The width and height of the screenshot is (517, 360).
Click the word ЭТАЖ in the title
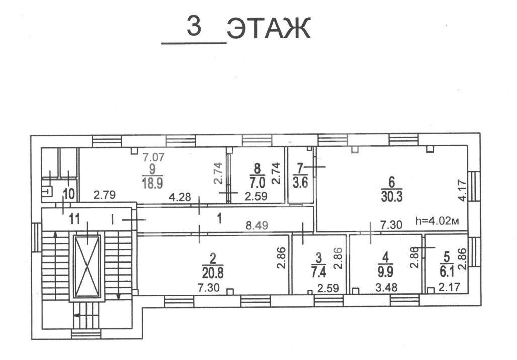[x=269, y=29]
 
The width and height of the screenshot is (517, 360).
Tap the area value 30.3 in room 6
[x=392, y=195]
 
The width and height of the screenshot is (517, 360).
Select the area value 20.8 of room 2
[x=213, y=272]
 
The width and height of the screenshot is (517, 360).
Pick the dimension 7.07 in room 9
[x=155, y=157]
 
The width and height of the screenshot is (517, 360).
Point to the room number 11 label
[x=74, y=219]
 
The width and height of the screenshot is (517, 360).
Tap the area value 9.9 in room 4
[x=385, y=272]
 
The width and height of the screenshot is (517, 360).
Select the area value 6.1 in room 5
[x=445, y=272]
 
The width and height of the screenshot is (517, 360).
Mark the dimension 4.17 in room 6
[x=462, y=192]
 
